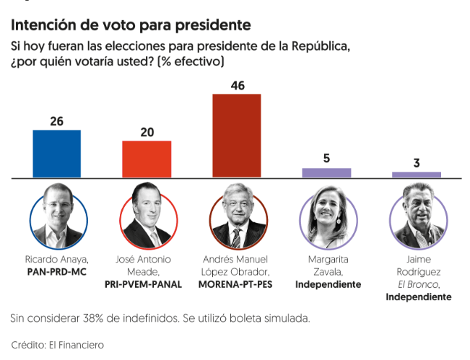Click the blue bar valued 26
coord(57,154)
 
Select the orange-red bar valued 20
coord(147,159)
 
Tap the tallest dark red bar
coord(237,136)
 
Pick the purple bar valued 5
coord(326,173)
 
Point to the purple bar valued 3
coord(417,175)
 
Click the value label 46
coord(237,86)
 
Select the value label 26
coord(57,121)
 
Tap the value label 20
coord(147,132)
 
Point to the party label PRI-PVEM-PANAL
coord(147,284)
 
